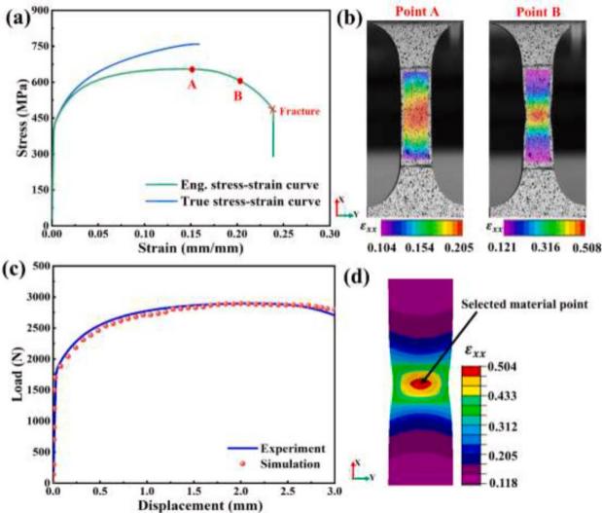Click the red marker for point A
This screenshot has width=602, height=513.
click(x=192, y=69)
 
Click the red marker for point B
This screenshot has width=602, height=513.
click(x=240, y=81)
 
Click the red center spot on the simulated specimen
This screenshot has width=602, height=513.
click(x=421, y=383)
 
